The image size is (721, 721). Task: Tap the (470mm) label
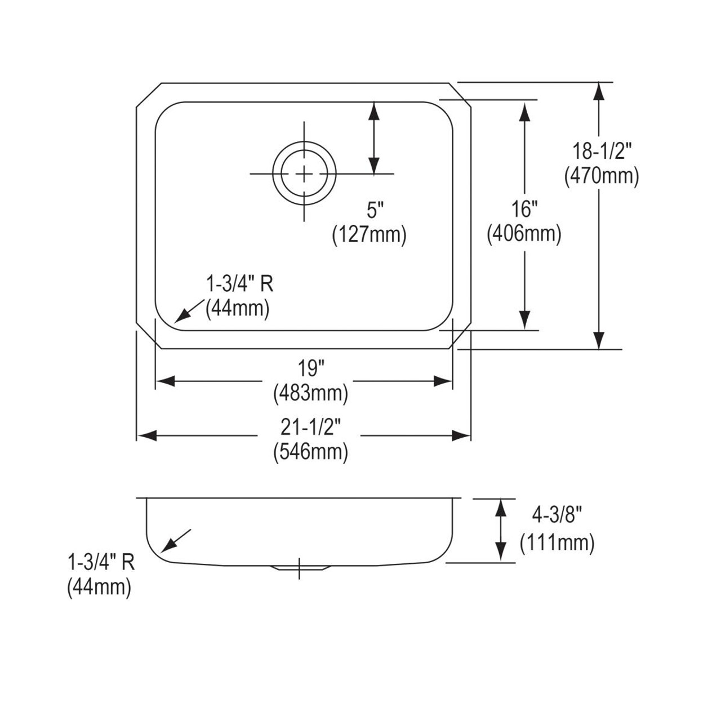(x=601, y=177)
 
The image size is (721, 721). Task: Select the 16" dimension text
(x=524, y=210)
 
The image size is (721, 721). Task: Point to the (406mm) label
(x=524, y=233)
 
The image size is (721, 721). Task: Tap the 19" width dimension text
(x=311, y=369)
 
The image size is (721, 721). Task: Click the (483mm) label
(x=310, y=393)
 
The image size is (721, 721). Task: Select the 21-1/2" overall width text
(x=310, y=428)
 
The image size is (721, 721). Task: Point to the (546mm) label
(x=310, y=452)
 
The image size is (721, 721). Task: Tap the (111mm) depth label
(x=557, y=543)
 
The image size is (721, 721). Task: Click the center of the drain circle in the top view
(x=304, y=173)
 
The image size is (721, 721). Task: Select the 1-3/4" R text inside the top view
(x=238, y=284)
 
